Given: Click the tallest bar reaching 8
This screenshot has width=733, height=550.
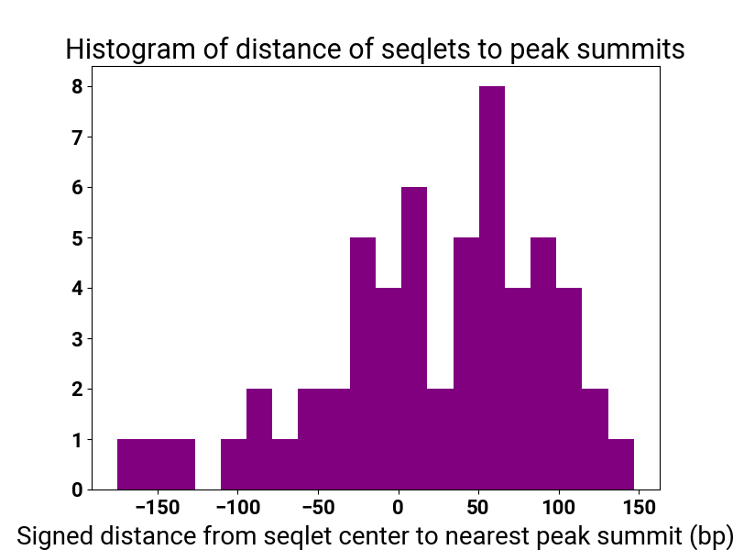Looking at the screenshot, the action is pos(492,288).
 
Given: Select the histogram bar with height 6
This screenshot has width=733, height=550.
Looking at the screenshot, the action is pos(414,338).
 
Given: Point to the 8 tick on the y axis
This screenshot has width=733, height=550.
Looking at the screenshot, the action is pos(78,86).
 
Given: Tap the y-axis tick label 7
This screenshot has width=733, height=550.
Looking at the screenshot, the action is pos(78,137).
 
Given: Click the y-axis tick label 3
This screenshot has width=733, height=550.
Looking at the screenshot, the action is pos(78,338).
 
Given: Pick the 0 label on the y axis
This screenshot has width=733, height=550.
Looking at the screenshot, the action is pos(78,489).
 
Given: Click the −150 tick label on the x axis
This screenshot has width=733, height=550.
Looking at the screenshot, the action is pos(158,508).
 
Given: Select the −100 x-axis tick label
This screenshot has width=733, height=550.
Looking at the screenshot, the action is pos(237,508).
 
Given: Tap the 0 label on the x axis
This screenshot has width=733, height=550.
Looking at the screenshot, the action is pos(398,508).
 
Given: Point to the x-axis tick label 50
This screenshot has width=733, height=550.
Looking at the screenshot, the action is pos(477,508).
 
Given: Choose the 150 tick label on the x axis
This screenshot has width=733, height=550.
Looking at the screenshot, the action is pos(638,508).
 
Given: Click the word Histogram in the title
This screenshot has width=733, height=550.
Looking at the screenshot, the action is pos(130,49).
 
